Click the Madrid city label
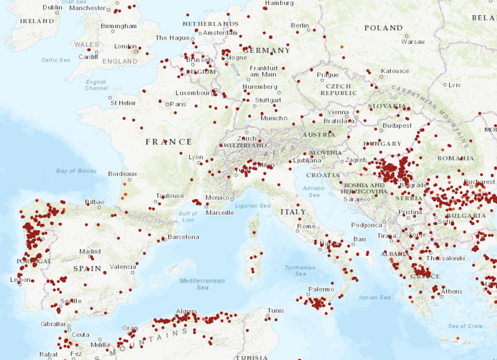(x=90, y=251)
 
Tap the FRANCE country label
(x=169, y=142)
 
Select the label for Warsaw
(x=413, y=42)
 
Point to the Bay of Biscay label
(x=76, y=170)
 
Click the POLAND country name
(x=383, y=28)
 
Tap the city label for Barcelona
(x=183, y=237)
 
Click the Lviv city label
(x=454, y=85)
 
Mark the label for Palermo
(x=321, y=289)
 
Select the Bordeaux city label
(x=123, y=174)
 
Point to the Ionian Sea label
(x=375, y=297)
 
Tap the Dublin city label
(x=53, y=7)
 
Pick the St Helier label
(x=123, y=103)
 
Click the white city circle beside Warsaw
(x=407, y=36)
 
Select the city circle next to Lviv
(x=445, y=85)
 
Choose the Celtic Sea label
(x=56, y=60)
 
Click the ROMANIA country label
(x=455, y=158)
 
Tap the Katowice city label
(x=395, y=71)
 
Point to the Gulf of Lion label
(x=188, y=216)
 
